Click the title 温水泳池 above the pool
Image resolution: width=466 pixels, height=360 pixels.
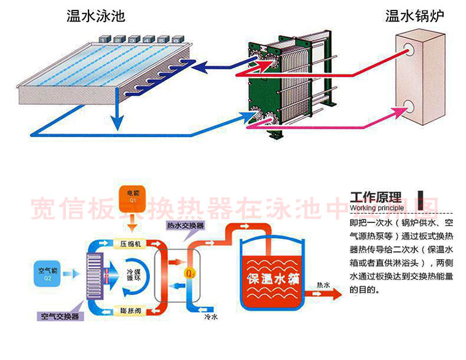(100, 16)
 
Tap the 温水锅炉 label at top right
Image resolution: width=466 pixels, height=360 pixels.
(414, 16)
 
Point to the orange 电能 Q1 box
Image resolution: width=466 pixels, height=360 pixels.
(132, 195)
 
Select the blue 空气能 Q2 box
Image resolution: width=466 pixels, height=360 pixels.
(47, 272)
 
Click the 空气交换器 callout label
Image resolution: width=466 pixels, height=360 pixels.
(60, 316)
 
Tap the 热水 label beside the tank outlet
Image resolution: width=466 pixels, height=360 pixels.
(323, 285)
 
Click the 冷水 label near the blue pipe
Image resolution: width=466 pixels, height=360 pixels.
(211, 320)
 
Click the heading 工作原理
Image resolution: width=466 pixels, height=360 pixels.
(375, 198)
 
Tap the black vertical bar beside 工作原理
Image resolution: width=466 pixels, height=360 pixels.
(421, 197)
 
